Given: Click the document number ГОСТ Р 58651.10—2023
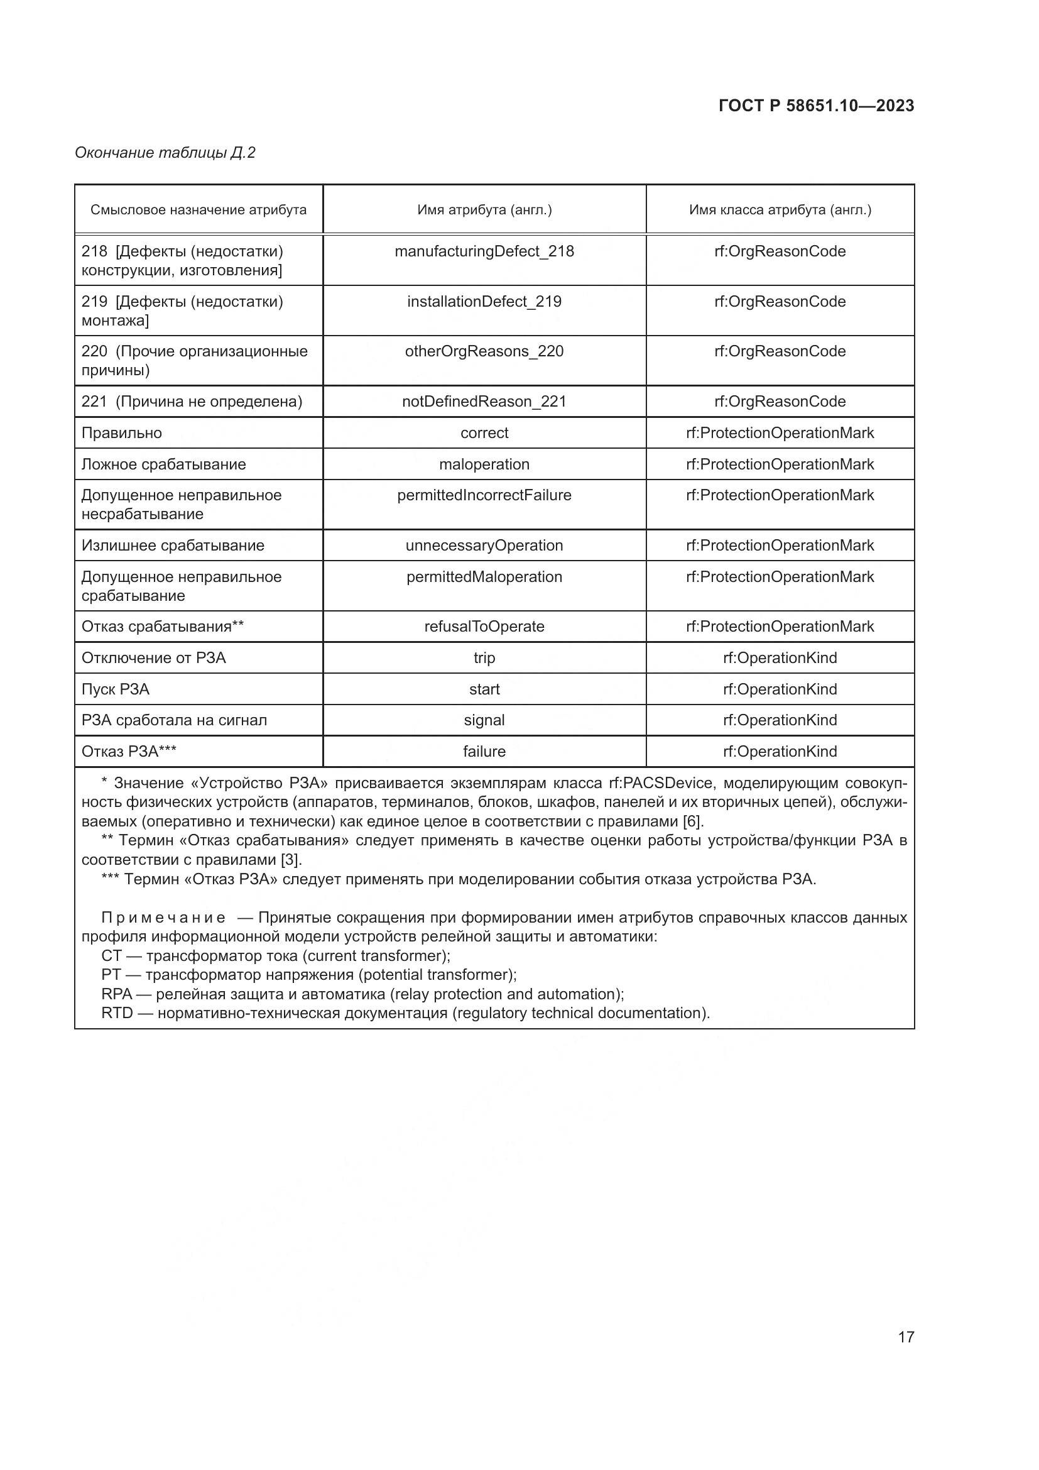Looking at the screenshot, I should pyautogui.click(x=816, y=106).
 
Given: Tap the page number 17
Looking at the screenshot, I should pyautogui.click(x=906, y=1337).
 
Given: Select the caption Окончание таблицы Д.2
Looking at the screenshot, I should pyautogui.click(x=165, y=152).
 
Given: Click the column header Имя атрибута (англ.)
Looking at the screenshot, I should pyautogui.click(x=484, y=210).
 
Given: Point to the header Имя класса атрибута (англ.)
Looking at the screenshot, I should pyautogui.click(x=780, y=210).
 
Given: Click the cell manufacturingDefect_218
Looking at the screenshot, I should pyautogui.click(x=484, y=251).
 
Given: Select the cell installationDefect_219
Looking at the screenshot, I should pyautogui.click(x=484, y=302).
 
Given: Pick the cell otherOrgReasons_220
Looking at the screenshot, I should pyautogui.click(x=484, y=351).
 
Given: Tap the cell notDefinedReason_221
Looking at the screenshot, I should pyautogui.click(x=484, y=402).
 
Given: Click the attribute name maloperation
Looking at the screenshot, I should pyautogui.click(x=484, y=464).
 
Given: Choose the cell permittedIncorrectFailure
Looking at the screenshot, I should pyautogui.click(x=484, y=495).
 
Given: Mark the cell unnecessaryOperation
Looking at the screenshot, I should pyautogui.click(x=484, y=546).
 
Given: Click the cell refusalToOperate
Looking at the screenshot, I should pyautogui.click(x=484, y=627).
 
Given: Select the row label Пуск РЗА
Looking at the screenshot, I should pyautogui.click(x=115, y=689).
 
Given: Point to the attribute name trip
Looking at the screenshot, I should pyautogui.click(x=484, y=658).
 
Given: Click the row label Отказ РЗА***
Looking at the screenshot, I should pyautogui.click(x=129, y=752).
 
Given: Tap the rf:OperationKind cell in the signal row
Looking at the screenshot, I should pyautogui.click(x=780, y=720).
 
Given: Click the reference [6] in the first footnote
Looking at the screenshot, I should pyautogui.click(x=693, y=821).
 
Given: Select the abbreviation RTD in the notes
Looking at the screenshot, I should pyautogui.click(x=117, y=1013).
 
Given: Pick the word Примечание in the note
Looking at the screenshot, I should pyautogui.click(x=163, y=918).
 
